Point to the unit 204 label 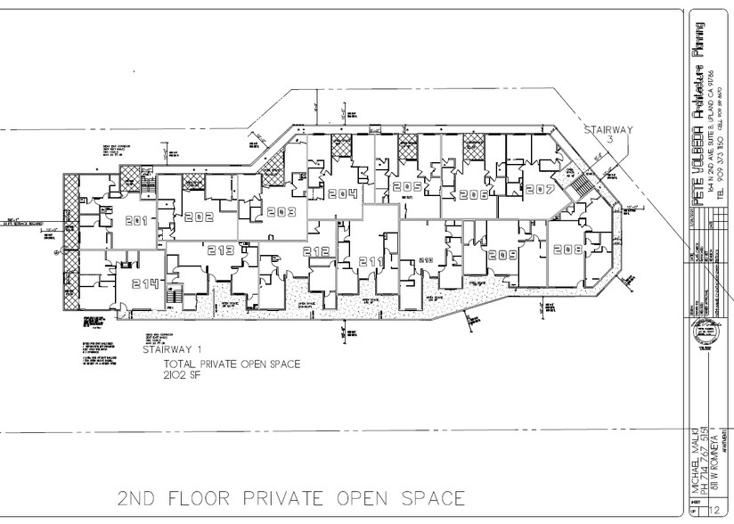pyautogui.click(x=342, y=195)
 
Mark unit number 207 pyautogui.click(x=540, y=190)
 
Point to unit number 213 pyautogui.click(x=222, y=250)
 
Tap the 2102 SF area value pyautogui.click(x=183, y=377)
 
